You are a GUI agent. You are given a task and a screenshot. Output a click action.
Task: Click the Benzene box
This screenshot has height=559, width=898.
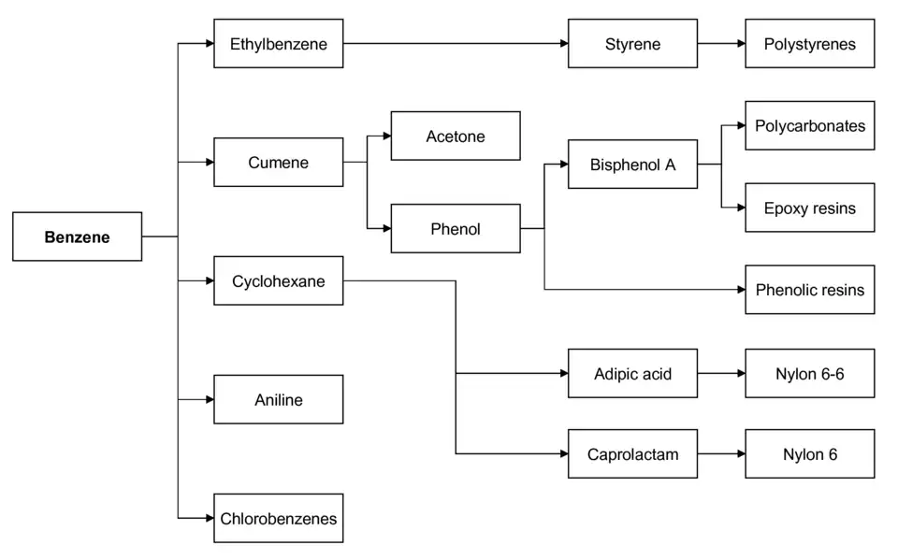click(x=77, y=236)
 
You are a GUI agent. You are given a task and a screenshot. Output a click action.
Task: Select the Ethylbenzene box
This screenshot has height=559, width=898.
click(x=278, y=43)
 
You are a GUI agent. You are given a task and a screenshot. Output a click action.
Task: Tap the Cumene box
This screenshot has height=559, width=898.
click(x=278, y=163)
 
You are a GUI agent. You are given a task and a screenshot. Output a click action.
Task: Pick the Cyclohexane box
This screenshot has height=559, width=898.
click(x=278, y=280)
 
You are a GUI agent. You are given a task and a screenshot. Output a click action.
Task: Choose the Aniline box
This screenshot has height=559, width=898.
click(x=278, y=400)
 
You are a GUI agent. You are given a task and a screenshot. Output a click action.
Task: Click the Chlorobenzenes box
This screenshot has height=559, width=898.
click(x=278, y=518)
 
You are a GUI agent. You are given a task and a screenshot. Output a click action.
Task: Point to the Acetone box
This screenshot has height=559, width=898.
click(x=455, y=136)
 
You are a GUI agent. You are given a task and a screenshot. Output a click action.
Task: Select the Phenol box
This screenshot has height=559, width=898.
click(x=455, y=228)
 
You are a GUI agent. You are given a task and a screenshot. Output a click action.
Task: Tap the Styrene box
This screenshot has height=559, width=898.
click(x=632, y=43)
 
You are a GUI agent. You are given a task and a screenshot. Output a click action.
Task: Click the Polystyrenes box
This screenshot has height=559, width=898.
click(x=809, y=43)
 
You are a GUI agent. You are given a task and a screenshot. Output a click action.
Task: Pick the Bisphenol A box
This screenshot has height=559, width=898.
click(x=632, y=165)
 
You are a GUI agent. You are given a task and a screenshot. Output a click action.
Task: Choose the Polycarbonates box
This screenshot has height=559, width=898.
click(x=809, y=125)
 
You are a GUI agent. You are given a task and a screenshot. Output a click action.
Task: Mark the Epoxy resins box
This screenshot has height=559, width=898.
click(x=809, y=208)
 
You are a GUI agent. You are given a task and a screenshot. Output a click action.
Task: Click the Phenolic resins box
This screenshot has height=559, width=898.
click(x=809, y=290)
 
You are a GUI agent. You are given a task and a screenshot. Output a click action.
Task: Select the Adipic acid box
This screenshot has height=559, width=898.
click(x=632, y=374)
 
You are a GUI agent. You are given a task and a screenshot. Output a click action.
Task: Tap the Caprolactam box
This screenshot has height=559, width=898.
click(x=632, y=454)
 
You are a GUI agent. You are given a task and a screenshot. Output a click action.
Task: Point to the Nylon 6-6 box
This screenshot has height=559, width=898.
click(x=809, y=374)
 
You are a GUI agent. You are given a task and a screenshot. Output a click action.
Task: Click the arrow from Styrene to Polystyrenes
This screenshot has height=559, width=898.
click(x=720, y=43)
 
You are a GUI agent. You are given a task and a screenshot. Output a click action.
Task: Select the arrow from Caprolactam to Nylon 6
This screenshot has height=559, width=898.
click(x=720, y=454)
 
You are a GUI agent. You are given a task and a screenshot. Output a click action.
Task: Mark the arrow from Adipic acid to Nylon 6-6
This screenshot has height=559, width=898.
click(x=720, y=374)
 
